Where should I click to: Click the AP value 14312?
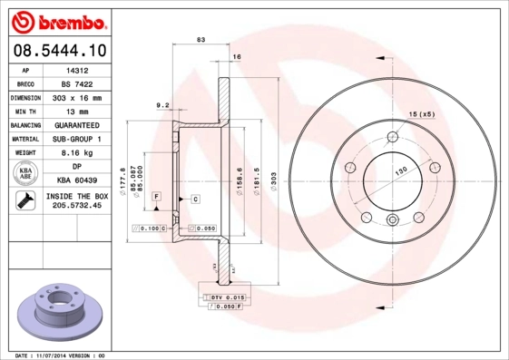click(76, 69)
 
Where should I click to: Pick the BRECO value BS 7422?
click(76, 83)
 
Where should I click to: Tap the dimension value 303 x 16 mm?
click(76, 96)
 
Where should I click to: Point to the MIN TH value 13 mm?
click(76, 111)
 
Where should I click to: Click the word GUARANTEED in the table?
click(76, 124)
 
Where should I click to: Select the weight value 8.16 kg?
click(76, 152)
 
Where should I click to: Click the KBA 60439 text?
click(76, 180)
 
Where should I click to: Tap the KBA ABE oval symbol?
click(25, 174)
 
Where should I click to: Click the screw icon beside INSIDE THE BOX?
click(24, 201)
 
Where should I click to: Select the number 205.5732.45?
click(76, 207)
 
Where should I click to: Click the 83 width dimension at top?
click(201, 39)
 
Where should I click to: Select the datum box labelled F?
click(156, 197)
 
